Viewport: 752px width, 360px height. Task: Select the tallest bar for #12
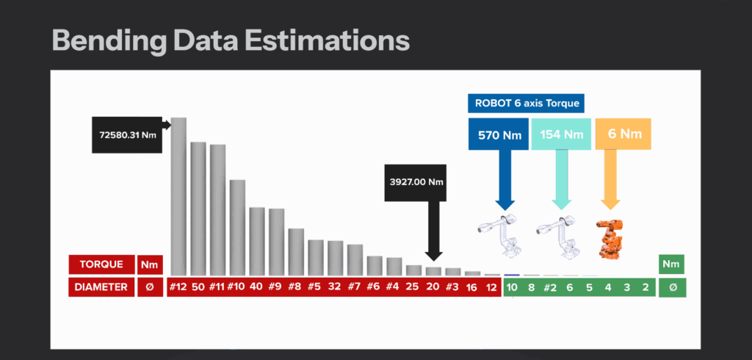(x=178, y=196)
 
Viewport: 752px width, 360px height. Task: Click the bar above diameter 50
(x=198, y=209)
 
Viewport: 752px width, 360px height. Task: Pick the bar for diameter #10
(x=237, y=228)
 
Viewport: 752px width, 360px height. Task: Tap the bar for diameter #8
(x=296, y=252)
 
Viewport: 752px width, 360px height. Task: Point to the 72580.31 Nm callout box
(x=127, y=135)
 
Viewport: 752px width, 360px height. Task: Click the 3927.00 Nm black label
(x=416, y=182)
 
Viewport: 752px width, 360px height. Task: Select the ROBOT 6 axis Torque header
(x=526, y=103)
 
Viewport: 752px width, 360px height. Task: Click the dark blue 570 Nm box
(x=499, y=134)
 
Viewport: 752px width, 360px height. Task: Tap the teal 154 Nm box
(x=561, y=134)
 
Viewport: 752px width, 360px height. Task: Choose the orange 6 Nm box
(x=623, y=134)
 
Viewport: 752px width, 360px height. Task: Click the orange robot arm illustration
(x=609, y=239)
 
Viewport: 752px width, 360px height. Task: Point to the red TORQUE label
(x=101, y=264)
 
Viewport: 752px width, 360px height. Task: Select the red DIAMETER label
(x=101, y=287)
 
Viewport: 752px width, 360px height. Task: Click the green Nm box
(x=671, y=264)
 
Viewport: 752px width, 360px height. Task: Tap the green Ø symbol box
(x=673, y=287)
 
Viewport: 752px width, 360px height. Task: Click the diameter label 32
(x=335, y=287)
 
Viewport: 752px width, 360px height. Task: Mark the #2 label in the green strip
(x=550, y=287)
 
